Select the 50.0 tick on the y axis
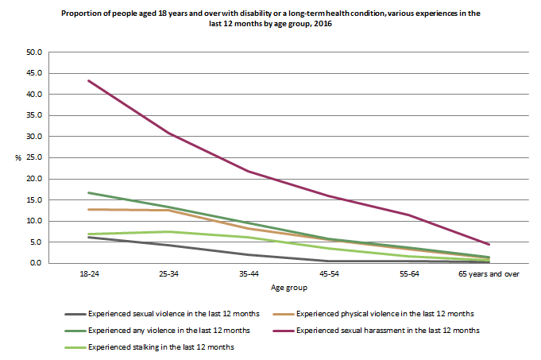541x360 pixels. pos(34,52)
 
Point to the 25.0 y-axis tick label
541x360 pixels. pos(34,157)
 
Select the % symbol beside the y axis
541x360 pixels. pos(17,158)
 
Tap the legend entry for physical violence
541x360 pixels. pos(377,315)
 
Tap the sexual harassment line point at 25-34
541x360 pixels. pos(168,133)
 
